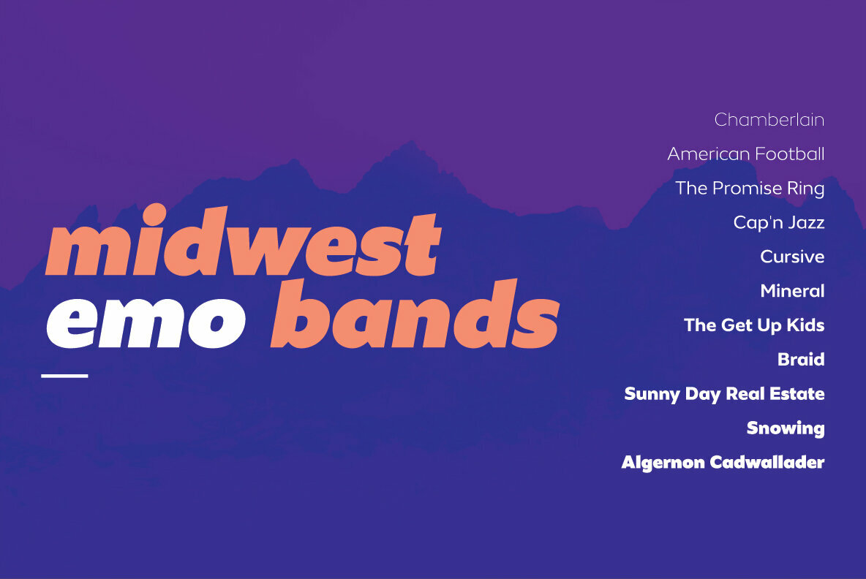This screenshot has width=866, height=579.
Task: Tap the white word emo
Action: tap(146, 323)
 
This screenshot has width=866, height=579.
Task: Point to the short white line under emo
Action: tap(64, 376)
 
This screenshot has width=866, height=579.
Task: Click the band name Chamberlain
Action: tap(769, 119)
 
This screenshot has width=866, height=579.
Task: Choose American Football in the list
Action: tap(746, 154)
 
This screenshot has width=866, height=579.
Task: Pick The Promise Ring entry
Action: tap(750, 188)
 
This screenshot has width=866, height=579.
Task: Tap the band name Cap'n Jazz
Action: tap(779, 222)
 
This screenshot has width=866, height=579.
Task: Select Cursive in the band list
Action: tap(792, 257)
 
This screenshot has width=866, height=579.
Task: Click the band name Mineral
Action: tap(793, 291)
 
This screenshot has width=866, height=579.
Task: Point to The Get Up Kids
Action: tap(754, 325)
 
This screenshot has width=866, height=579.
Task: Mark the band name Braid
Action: tap(801, 360)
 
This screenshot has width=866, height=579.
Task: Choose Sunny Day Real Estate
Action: tap(725, 394)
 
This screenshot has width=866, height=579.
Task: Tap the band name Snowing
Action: tap(786, 428)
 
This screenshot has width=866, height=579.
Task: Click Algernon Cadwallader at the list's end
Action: tap(723, 463)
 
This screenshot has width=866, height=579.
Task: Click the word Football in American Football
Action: tap(790, 154)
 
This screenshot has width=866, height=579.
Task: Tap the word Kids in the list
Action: tap(805, 325)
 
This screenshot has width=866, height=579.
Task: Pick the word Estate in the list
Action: tap(797, 393)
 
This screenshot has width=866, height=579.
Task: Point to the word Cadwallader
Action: tap(767, 462)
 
